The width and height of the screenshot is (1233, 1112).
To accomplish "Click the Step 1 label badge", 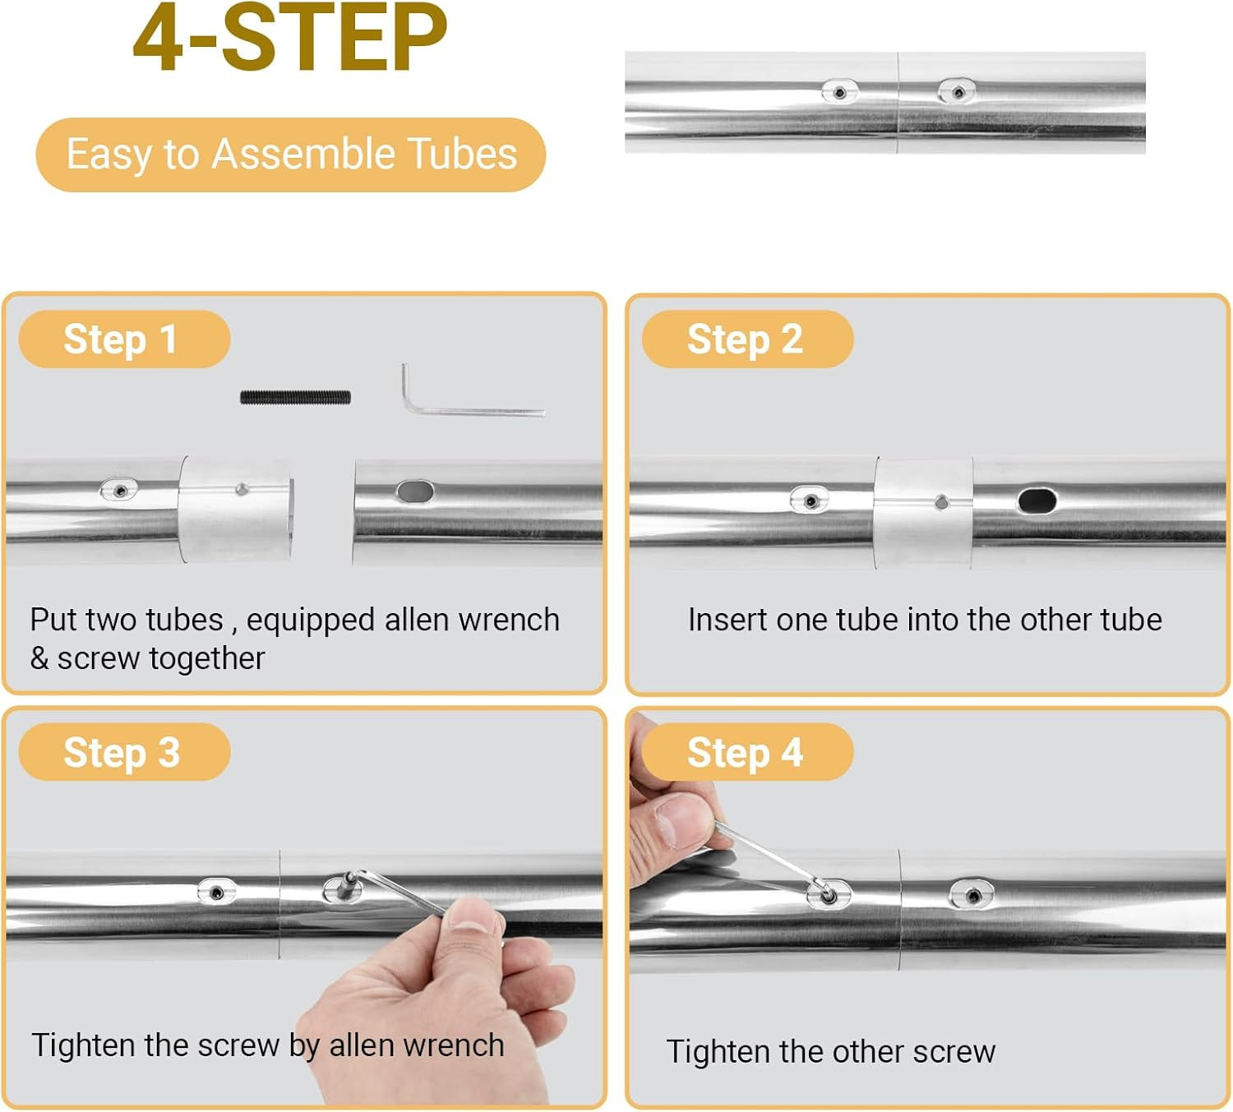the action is click(125, 339).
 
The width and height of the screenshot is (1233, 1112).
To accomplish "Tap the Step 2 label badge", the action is click(747, 339).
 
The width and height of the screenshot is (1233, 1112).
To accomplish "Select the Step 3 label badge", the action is click(125, 752).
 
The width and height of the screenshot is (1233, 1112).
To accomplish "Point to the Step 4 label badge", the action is click(747, 752).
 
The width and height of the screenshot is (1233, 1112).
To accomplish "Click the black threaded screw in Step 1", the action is click(295, 398).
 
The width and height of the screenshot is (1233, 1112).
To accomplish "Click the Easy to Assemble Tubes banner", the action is click(291, 155).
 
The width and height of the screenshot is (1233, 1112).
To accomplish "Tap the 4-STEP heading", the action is click(289, 38).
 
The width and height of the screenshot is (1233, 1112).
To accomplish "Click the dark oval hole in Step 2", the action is click(1037, 501).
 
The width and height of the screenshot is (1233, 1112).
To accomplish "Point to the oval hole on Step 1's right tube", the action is click(415, 491).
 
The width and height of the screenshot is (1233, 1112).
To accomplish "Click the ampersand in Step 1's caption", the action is click(39, 658).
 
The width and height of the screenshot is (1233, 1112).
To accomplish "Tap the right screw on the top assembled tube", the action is click(957, 91).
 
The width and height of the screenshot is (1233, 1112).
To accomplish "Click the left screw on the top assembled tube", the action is click(839, 92).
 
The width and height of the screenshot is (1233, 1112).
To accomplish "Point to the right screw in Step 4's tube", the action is click(972, 894).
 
